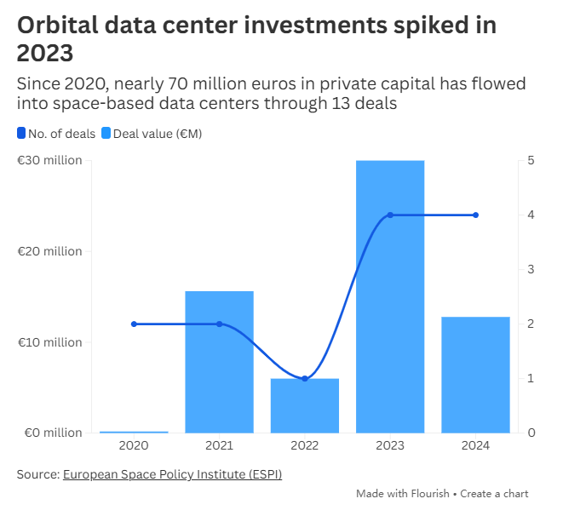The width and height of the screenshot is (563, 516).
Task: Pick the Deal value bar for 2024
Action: coord(475,375)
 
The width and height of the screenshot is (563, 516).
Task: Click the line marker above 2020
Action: coord(134,324)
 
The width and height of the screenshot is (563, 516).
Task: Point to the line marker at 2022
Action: coord(305,378)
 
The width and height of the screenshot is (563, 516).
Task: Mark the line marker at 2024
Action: coord(475,215)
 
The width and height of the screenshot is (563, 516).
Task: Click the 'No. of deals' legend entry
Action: coord(56,133)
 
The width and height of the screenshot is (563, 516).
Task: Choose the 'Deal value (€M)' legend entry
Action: coord(152,133)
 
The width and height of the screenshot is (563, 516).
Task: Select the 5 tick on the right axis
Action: coord(531,160)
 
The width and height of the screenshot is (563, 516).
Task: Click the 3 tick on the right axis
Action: coord(531,269)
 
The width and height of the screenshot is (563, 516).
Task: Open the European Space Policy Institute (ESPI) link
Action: coord(172,474)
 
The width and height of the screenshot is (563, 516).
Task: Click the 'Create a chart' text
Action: coord(494,494)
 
